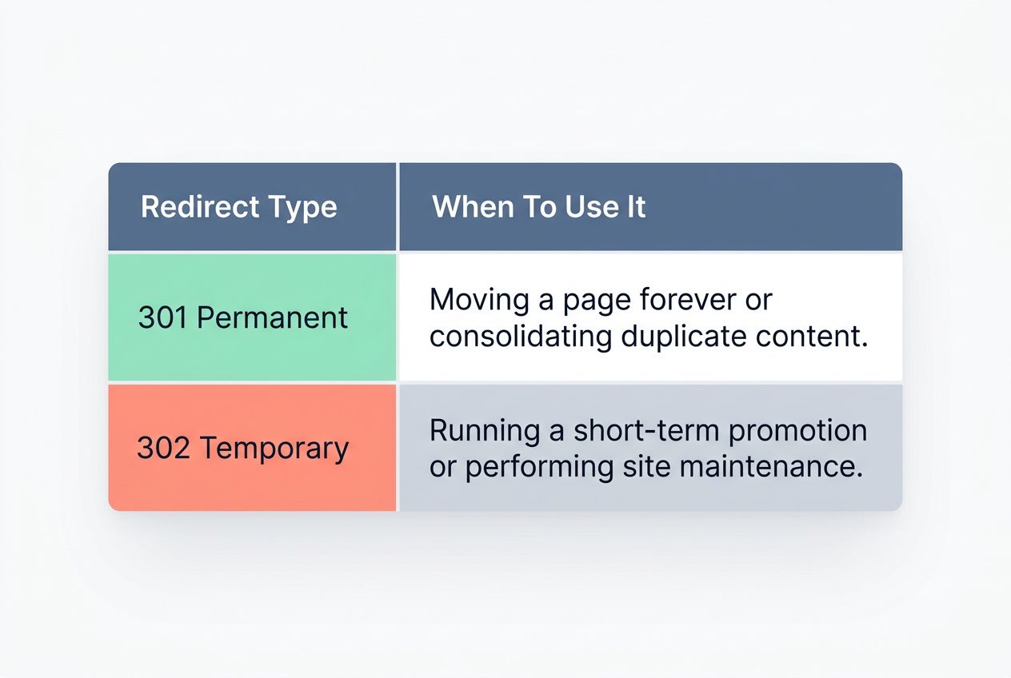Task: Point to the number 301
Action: click(162, 318)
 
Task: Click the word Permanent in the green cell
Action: click(272, 318)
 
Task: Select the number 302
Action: click(163, 448)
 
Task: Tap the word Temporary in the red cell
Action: click(274, 449)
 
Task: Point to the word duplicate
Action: click(682, 337)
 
